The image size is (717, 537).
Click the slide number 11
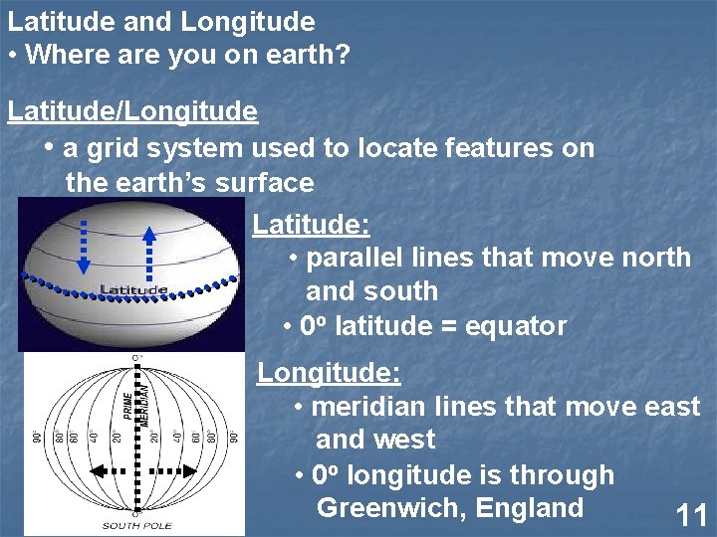tap(691, 515)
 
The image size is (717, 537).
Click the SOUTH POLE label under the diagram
tap(136, 525)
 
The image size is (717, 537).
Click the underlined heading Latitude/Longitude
tap(132, 111)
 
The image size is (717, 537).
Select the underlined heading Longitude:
tap(329, 373)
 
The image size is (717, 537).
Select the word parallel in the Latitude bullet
tap(354, 258)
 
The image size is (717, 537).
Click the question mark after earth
tap(344, 55)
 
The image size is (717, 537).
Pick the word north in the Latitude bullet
tap(653, 258)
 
